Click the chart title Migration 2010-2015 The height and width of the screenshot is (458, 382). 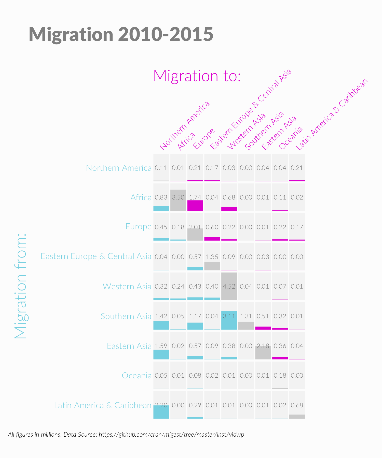[121, 34]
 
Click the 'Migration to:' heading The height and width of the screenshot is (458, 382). [197, 76]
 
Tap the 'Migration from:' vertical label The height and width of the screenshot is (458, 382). [20, 286]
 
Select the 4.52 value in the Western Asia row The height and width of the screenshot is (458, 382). [229, 287]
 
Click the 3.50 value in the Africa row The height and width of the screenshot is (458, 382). [178, 197]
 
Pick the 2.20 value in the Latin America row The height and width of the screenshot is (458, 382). [161, 405]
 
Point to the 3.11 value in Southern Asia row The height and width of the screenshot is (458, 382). [229, 316]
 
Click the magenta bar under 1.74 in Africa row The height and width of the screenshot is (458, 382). [195, 206]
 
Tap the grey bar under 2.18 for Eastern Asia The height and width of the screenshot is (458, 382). [263, 353]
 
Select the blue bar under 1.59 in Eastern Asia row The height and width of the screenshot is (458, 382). [161, 354]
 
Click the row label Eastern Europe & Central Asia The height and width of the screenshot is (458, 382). [96, 256]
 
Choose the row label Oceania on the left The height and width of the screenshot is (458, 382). [137, 376]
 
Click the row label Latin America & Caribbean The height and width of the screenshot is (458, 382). [103, 405]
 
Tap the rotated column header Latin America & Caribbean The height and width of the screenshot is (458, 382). [332, 114]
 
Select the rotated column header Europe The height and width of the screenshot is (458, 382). [204, 139]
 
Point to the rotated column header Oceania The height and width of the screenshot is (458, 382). [291, 138]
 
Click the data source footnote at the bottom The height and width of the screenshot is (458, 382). [126, 434]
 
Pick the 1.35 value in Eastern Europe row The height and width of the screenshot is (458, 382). [212, 257]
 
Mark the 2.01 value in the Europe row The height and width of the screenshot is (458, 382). [195, 227]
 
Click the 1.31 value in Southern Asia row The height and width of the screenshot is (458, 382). [246, 316]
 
